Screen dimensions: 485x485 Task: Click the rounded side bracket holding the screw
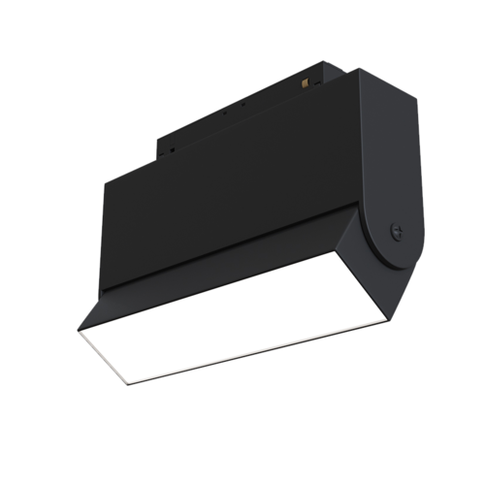pyautogui.click(x=393, y=175)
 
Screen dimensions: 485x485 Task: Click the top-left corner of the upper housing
pyautogui.click(x=103, y=184)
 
